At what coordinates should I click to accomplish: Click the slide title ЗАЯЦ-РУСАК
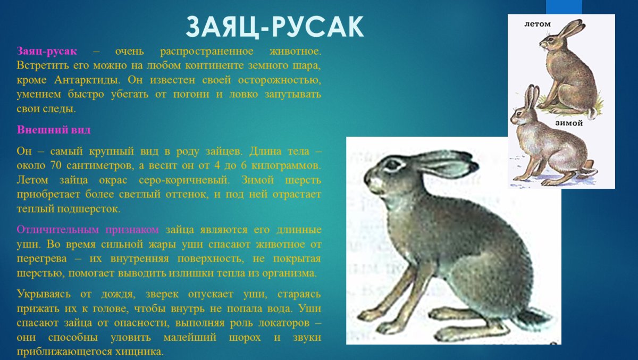274,27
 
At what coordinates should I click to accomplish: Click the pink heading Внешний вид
54,130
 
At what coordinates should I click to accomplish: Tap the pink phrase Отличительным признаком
88,230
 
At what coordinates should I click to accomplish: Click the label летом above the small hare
537,24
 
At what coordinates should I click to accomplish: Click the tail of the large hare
534,319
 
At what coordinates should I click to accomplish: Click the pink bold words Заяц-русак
47,52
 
